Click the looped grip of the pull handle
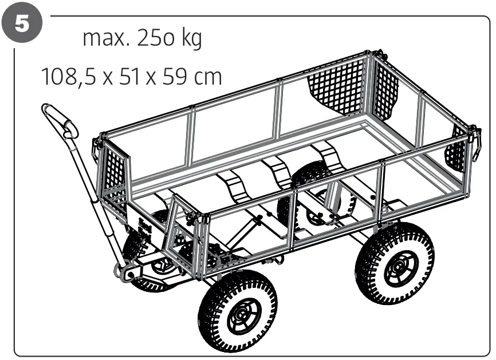coord(60,121)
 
